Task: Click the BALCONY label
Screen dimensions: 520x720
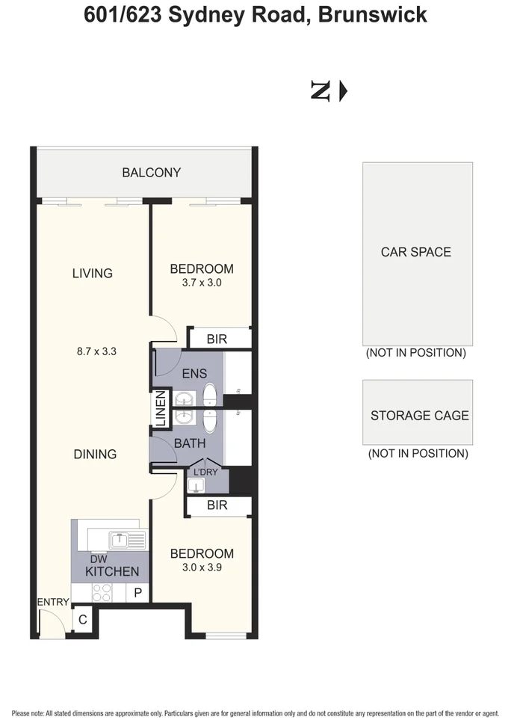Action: (x=152, y=173)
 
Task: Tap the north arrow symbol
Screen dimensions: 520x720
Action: (x=329, y=91)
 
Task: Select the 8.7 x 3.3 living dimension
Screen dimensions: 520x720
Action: (x=96, y=351)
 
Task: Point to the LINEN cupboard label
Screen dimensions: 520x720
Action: (x=160, y=408)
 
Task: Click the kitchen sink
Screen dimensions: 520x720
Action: (x=128, y=540)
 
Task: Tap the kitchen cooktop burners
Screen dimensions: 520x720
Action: (x=102, y=592)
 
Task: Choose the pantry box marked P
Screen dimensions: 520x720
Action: (x=137, y=592)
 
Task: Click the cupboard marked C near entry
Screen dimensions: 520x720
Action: (x=83, y=620)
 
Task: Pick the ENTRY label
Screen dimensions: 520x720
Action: (x=53, y=602)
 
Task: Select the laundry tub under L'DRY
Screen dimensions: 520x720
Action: (x=196, y=485)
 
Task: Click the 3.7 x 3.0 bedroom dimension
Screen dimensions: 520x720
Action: (x=202, y=283)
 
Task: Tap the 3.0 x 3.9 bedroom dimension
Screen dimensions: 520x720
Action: (x=202, y=567)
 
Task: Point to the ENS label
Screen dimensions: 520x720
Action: (x=194, y=374)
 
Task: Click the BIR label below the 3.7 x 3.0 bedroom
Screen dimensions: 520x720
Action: (x=217, y=339)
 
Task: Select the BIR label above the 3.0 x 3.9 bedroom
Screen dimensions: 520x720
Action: (x=217, y=505)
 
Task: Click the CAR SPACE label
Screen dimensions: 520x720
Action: (x=416, y=252)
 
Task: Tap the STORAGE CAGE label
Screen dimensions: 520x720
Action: (x=420, y=416)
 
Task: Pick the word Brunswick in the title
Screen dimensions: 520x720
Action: (x=373, y=15)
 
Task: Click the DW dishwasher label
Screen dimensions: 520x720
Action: (x=99, y=559)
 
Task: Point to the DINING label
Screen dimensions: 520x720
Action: (x=96, y=455)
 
